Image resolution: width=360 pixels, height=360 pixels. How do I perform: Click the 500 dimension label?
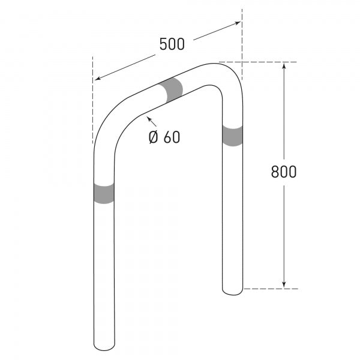(172, 44)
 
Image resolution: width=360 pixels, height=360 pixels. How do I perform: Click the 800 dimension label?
(284, 172)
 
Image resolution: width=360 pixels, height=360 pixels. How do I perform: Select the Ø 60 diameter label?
(164, 137)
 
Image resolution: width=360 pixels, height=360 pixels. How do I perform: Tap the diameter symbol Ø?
(154, 137)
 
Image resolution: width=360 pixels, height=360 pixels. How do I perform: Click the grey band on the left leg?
(104, 193)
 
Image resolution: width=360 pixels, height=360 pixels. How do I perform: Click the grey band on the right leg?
(232, 136)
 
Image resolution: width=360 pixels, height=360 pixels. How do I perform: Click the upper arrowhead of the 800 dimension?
(284, 65)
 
